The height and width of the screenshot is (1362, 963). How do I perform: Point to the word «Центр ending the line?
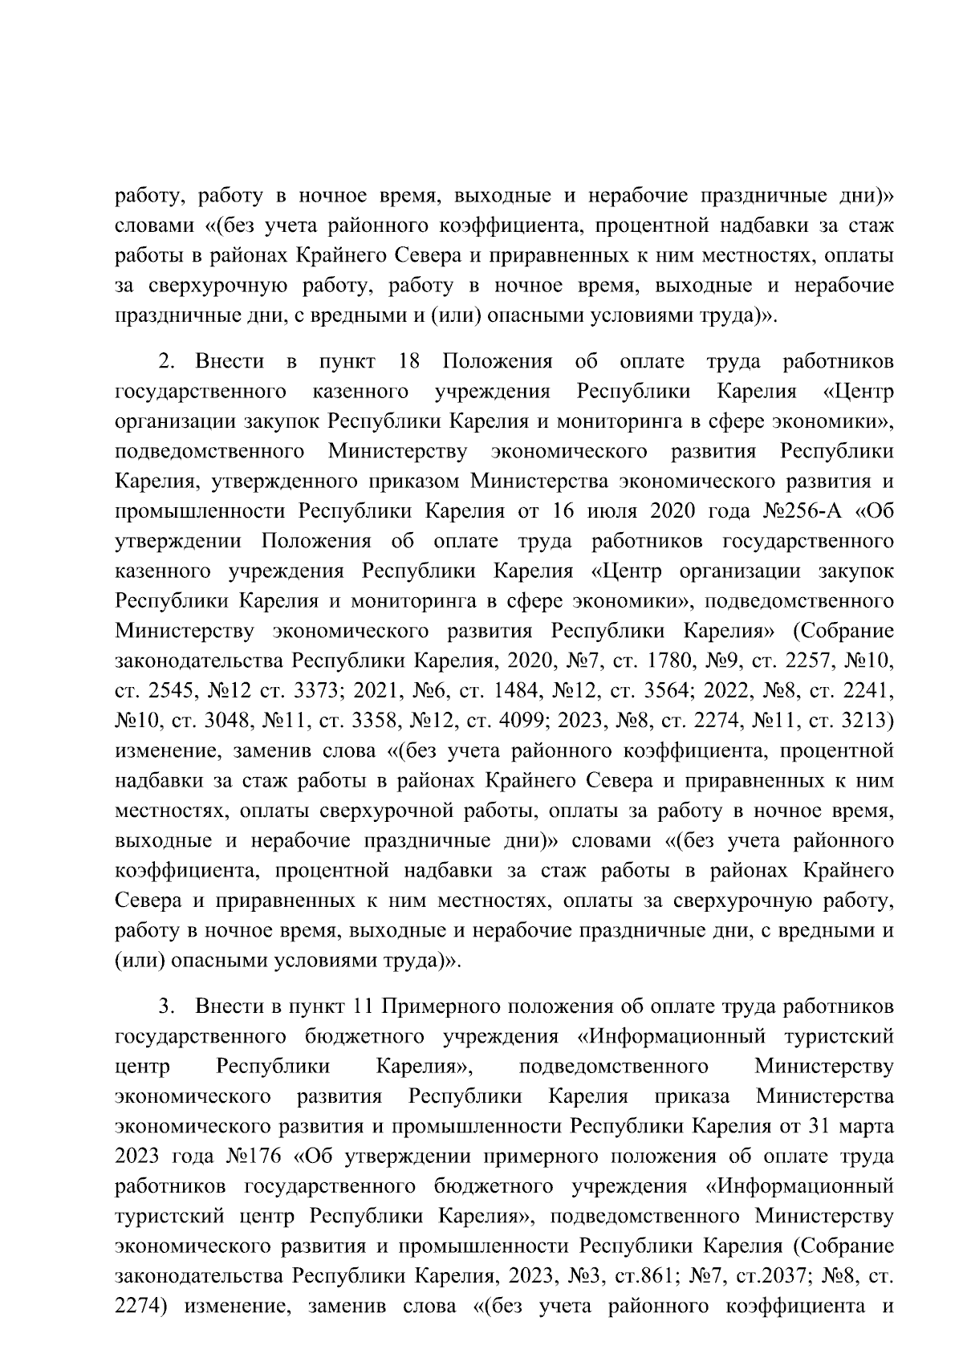coord(859,392)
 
